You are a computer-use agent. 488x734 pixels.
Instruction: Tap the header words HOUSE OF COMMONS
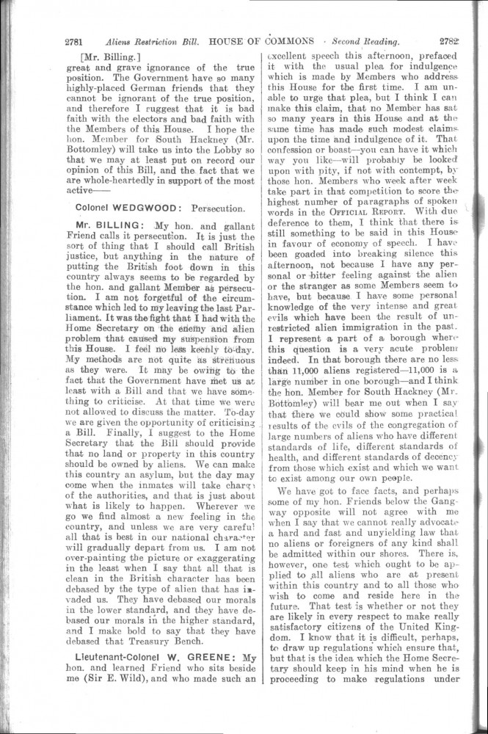click(x=249, y=41)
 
